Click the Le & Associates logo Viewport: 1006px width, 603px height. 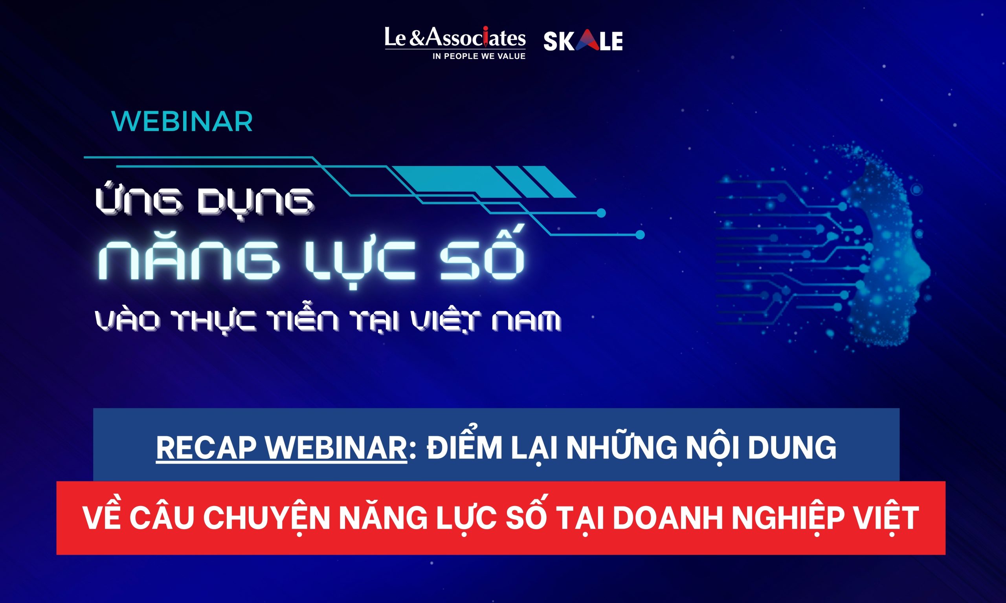click(x=455, y=43)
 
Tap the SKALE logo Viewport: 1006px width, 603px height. click(x=583, y=41)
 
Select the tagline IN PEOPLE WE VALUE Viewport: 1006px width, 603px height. click(x=479, y=57)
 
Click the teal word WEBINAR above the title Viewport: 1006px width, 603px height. click(x=182, y=121)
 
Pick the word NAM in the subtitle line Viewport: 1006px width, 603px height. click(x=527, y=320)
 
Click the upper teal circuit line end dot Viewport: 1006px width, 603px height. click(x=601, y=213)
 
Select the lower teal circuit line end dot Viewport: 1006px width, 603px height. click(x=640, y=235)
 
